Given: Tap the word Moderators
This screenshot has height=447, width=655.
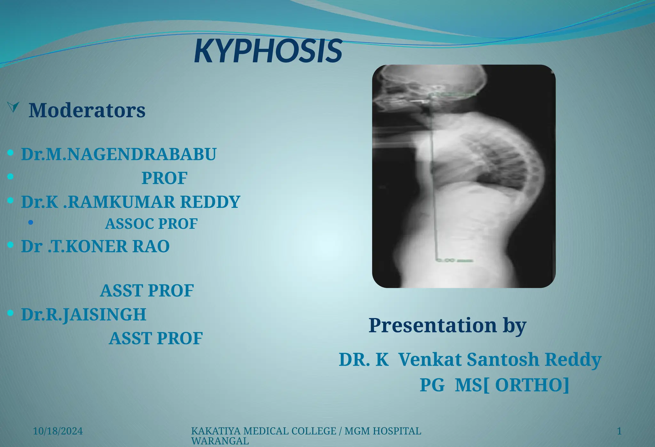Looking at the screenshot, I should [87, 110].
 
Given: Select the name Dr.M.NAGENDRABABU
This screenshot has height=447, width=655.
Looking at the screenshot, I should [119, 154].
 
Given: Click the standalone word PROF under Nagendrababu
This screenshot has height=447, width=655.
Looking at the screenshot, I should [164, 178].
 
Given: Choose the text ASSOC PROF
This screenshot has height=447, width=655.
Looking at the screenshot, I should [151, 224].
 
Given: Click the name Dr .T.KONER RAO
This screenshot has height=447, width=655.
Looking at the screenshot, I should [95, 246].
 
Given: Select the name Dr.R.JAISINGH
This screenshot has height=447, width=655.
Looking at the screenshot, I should [84, 315].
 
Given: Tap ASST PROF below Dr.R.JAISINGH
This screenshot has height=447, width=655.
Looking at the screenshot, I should [156, 338].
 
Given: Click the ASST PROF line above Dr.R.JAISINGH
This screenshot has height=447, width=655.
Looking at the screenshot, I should [147, 291].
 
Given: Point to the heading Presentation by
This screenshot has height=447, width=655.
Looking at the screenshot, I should [447, 325].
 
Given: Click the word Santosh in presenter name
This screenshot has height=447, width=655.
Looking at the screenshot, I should [503, 359].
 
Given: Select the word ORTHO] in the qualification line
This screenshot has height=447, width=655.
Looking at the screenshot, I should [532, 385].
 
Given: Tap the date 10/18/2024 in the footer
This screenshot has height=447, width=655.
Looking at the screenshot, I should [58, 431].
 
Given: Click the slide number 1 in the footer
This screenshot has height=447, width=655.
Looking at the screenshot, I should [619, 431].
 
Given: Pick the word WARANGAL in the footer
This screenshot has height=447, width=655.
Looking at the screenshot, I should [220, 441].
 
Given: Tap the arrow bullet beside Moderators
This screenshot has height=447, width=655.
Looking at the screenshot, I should [13, 107].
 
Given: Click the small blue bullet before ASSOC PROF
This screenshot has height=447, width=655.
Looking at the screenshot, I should [31, 222].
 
